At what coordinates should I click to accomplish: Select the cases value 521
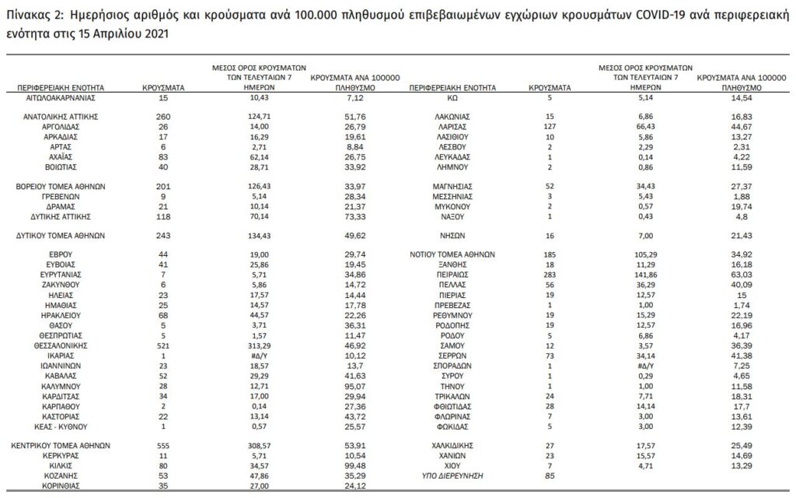point(163,343)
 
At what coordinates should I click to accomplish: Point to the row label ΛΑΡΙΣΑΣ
point(452,125)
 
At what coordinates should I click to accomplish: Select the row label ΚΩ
point(452,100)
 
